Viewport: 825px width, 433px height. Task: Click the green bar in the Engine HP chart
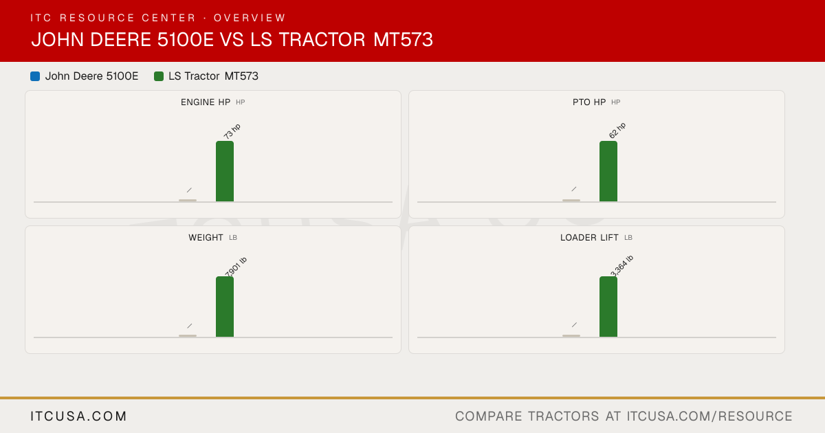point(225,171)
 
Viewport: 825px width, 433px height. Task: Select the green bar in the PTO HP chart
point(608,171)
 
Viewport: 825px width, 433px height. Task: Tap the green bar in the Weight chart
point(225,307)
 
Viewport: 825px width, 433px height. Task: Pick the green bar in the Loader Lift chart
point(608,307)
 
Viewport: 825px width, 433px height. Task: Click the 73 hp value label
point(232,131)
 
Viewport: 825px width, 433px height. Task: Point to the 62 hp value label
point(617,131)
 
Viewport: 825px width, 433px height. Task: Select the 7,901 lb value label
point(236,267)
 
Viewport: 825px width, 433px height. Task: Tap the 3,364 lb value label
point(621,265)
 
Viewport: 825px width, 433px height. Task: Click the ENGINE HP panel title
point(206,102)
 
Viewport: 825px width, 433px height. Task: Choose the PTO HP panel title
point(589,102)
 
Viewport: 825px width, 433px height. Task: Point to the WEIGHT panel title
point(206,238)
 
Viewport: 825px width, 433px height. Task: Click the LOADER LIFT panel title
point(589,238)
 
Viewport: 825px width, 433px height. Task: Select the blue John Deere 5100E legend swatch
point(35,76)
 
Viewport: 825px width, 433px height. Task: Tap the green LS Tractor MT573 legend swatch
point(159,76)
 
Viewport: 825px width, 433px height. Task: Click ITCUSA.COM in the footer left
point(78,417)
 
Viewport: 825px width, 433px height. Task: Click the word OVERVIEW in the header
point(250,18)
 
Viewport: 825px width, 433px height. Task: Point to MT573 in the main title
point(404,40)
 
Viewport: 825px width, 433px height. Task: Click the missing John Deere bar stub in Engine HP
point(188,200)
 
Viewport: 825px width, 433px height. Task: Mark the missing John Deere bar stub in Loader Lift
point(571,336)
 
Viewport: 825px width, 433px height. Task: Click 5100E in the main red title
point(186,40)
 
